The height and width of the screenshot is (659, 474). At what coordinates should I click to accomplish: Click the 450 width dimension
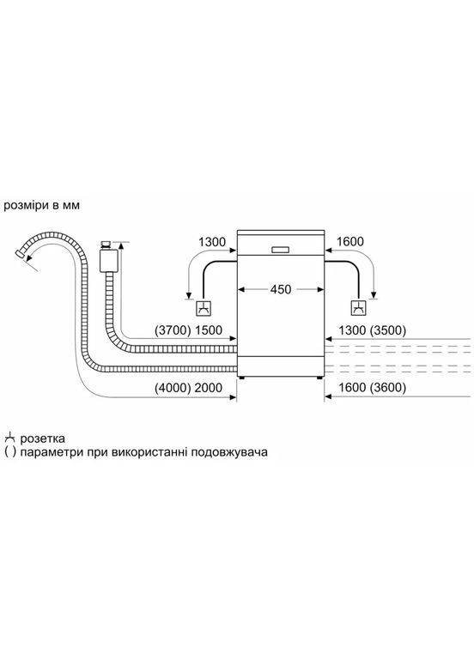(280, 289)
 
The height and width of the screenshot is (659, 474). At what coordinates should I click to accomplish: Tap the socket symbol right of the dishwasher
(354, 309)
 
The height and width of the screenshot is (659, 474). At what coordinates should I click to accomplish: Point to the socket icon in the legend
(10, 438)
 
